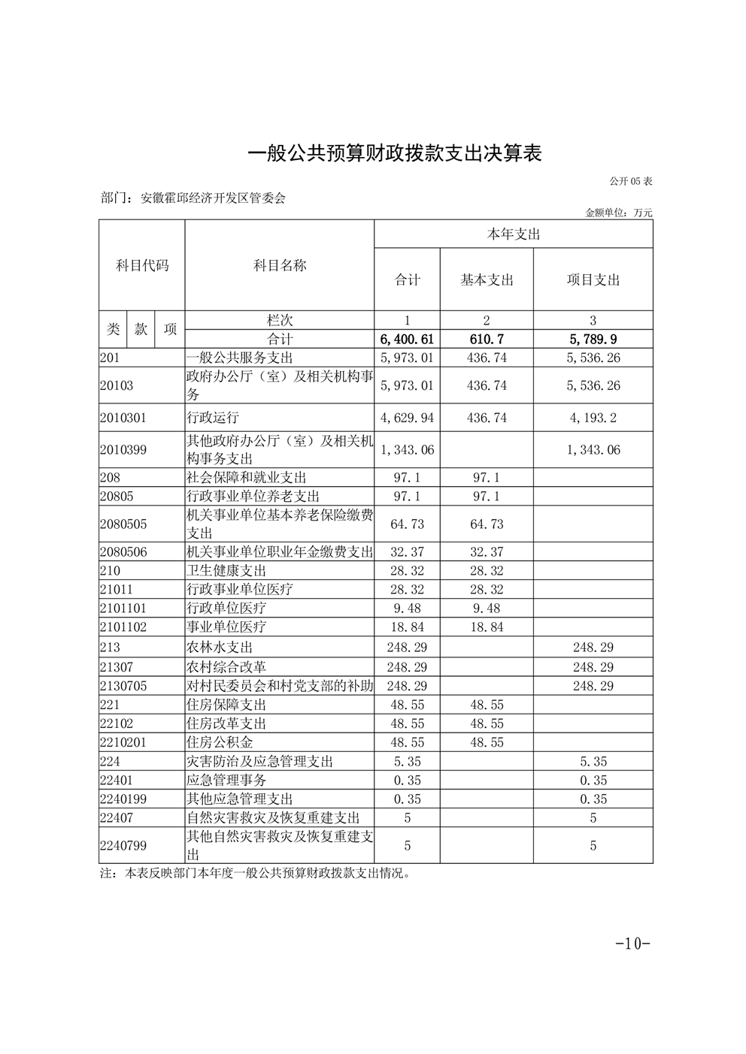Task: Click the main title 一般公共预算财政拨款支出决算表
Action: (395, 154)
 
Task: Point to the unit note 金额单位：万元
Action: (619, 213)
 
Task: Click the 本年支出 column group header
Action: (514, 234)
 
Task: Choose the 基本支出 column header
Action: (487, 280)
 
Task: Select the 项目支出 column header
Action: (593, 280)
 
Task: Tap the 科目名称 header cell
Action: (280, 265)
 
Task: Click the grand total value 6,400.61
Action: (408, 340)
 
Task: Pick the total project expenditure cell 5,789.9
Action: (593, 340)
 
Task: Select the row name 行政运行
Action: (213, 418)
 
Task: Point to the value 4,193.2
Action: (593, 418)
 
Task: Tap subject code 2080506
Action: (123, 552)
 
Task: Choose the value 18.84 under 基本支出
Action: (487, 627)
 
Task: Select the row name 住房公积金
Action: (220, 742)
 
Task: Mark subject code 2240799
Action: (123, 846)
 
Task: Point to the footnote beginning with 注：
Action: (259, 874)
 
